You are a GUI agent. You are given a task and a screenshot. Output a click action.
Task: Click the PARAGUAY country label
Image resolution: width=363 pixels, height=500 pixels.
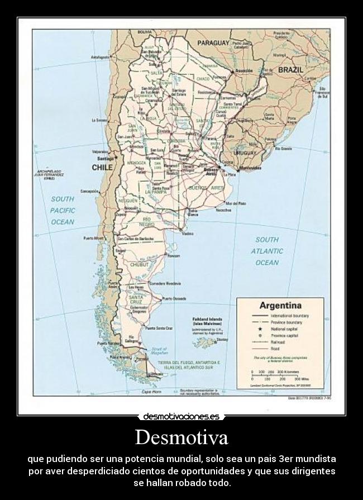(x=213, y=42)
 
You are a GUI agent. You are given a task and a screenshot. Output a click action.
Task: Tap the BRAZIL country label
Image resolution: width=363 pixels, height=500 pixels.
(x=290, y=70)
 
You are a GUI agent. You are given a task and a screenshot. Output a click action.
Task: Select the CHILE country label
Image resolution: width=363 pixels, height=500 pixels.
(x=102, y=167)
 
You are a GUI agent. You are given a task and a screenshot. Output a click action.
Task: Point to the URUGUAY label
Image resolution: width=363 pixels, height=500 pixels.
(x=245, y=153)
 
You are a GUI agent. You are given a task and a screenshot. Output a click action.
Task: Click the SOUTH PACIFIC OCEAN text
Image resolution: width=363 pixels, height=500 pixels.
(x=62, y=210)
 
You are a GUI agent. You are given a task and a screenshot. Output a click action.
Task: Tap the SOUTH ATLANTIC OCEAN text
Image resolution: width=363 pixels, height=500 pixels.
(x=267, y=251)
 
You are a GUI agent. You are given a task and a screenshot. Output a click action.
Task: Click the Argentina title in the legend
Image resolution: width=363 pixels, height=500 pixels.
(x=279, y=306)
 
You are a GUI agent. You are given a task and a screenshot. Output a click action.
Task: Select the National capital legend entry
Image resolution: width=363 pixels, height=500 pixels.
(x=286, y=329)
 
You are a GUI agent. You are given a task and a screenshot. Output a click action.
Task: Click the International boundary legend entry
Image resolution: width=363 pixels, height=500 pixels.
(x=290, y=316)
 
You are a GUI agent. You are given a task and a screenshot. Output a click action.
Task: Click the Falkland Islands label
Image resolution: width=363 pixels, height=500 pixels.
(x=207, y=321)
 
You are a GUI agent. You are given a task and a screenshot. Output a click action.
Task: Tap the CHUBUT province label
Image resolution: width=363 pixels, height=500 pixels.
(x=139, y=265)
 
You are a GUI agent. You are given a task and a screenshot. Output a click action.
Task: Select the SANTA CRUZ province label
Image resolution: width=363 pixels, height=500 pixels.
(x=136, y=301)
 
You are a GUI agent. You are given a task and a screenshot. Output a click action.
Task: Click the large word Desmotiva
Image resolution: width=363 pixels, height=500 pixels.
(x=181, y=437)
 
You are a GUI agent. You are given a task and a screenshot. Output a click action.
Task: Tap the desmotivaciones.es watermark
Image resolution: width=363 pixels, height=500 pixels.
(x=181, y=416)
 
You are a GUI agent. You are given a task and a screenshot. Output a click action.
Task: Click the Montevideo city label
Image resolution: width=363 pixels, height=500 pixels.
(x=250, y=168)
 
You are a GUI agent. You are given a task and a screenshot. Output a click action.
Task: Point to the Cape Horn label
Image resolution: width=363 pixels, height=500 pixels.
(x=151, y=392)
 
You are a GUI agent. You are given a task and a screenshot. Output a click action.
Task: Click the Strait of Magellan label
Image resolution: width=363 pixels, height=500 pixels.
(x=159, y=351)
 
